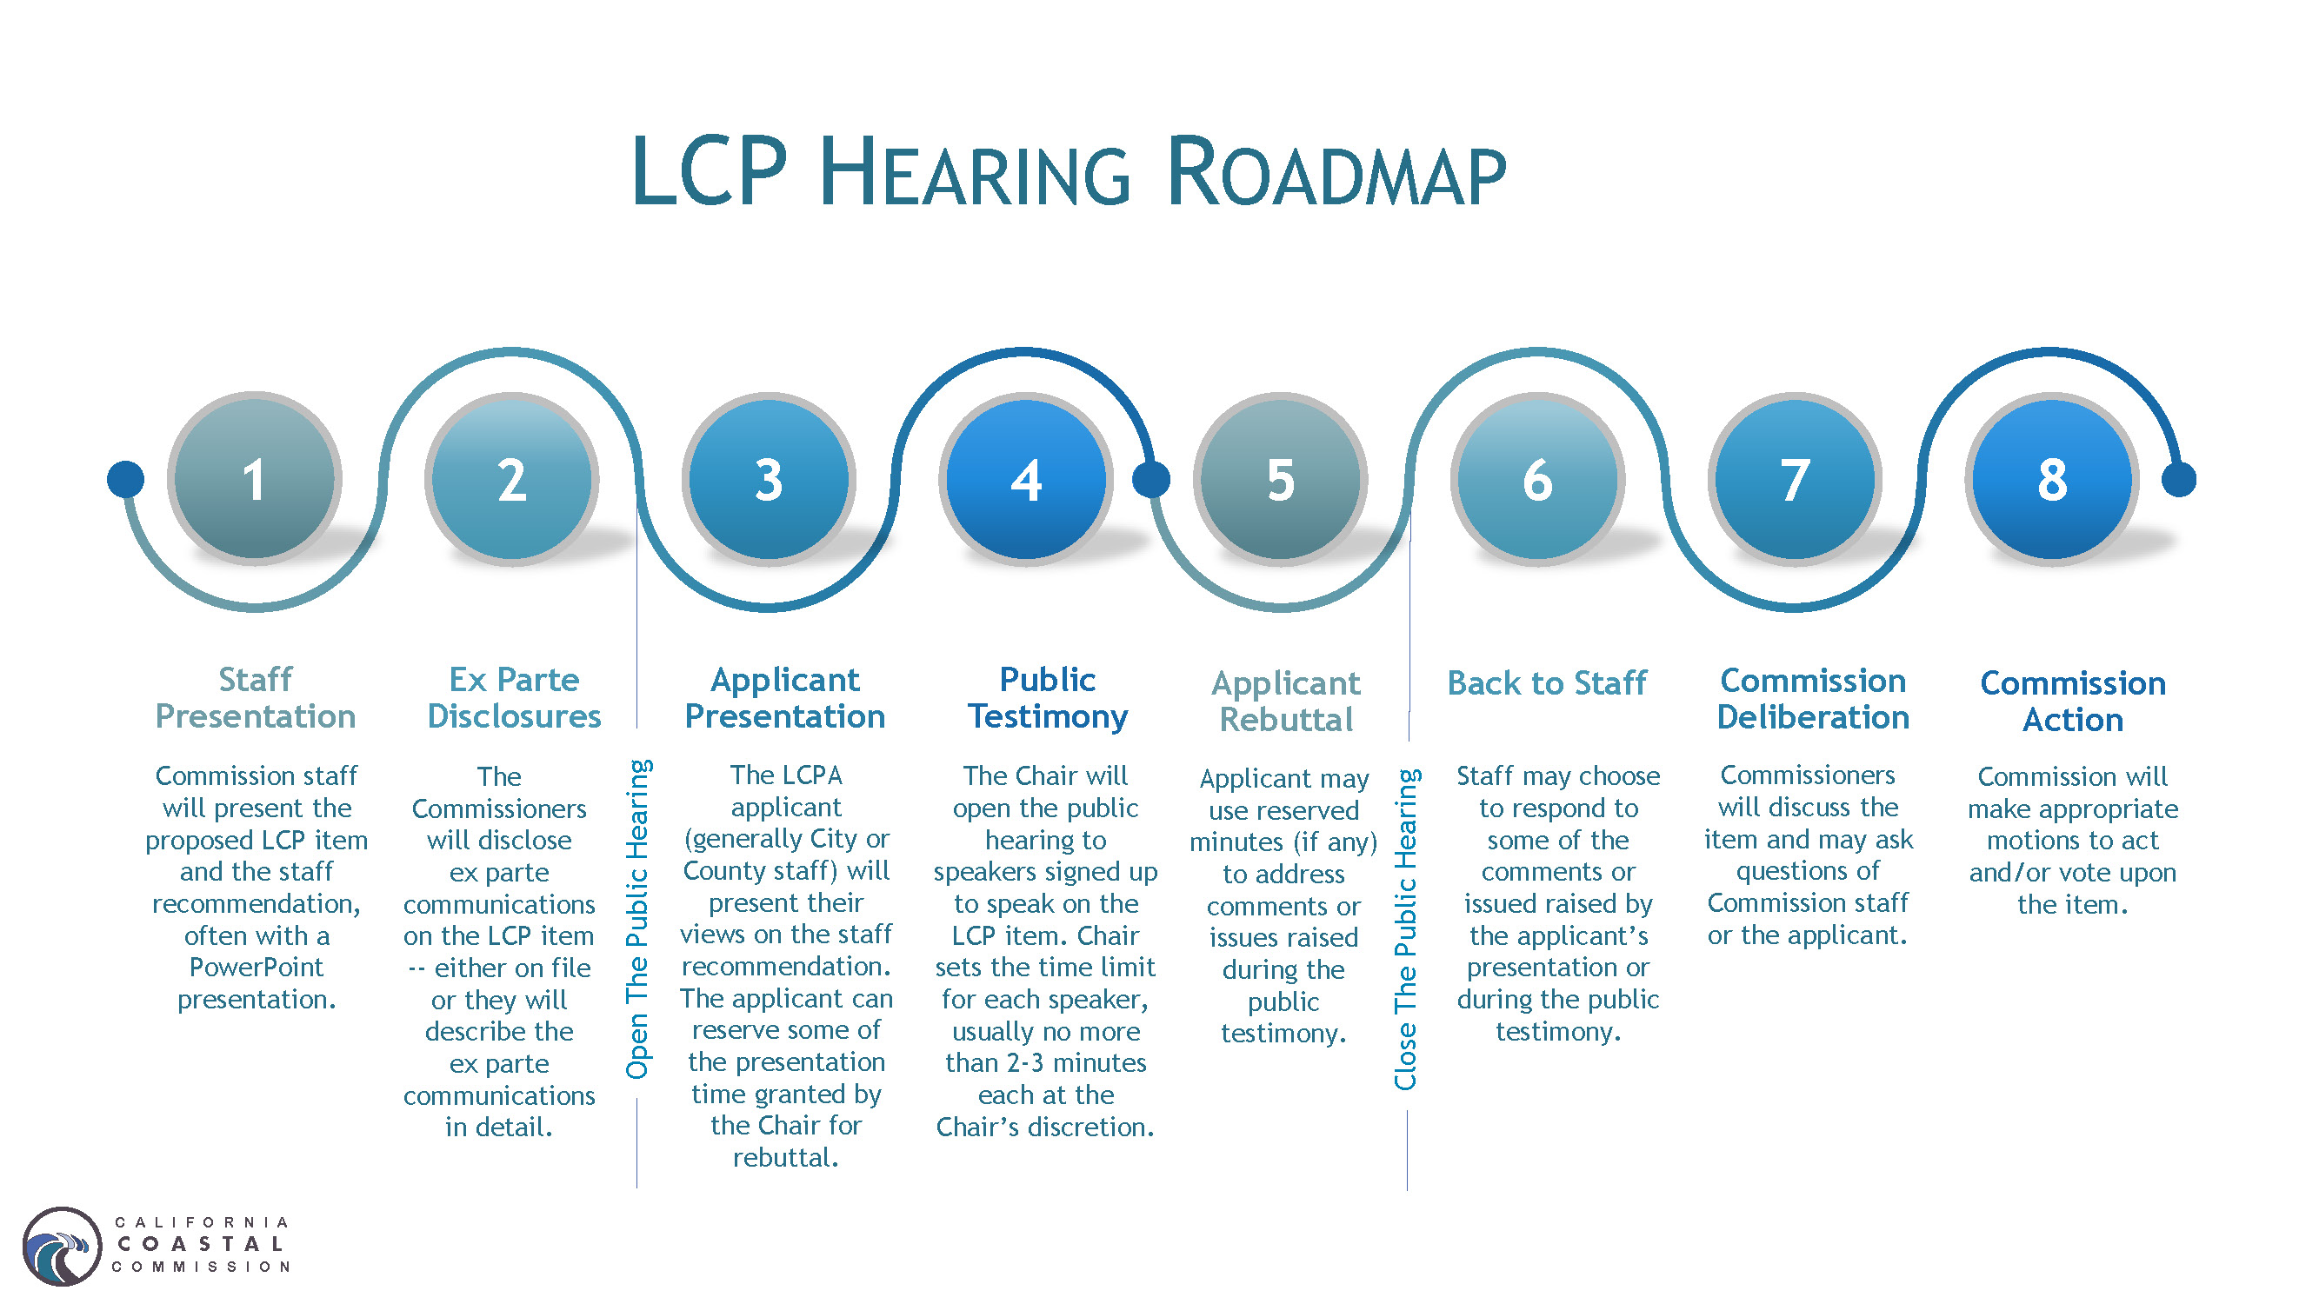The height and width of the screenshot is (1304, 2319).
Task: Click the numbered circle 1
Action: (x=255, y=479)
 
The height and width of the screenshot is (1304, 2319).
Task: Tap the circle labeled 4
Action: (x=1025, y=479)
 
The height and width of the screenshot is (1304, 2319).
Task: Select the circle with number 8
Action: (x=2052, y=479)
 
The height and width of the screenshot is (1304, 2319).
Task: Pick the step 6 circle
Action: (x=1537, y=479)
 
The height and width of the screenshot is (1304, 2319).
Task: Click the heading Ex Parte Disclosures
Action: (x=513, y=697)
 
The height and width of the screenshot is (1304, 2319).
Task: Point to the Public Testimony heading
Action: (x=1047, y=697)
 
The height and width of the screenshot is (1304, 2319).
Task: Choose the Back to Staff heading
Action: (x=1547, y=683)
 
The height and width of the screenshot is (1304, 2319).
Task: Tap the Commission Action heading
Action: (x=2072, y=701)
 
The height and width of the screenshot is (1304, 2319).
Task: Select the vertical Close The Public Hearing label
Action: (x=1405, y=928)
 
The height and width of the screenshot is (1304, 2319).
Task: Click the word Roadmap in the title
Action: (x=1336, y=173)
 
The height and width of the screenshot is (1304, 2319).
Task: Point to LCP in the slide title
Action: (x=710, y=173)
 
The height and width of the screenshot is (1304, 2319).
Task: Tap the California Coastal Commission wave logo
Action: (x=61, y=1247)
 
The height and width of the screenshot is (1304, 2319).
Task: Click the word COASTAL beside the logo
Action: (x=201, y=1244)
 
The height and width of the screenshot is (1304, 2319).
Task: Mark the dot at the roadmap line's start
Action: (x=125, y=479)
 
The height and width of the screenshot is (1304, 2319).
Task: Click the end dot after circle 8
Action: (x=2178, y=479)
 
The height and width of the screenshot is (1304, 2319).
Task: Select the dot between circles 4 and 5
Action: (x=1150, y=479)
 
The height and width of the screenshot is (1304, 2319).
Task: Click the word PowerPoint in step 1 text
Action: (x=256, y=967)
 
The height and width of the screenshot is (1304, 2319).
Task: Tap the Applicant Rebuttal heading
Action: (x=1285, y=701)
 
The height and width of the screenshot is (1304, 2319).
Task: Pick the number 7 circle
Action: (x=1794, y=479)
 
